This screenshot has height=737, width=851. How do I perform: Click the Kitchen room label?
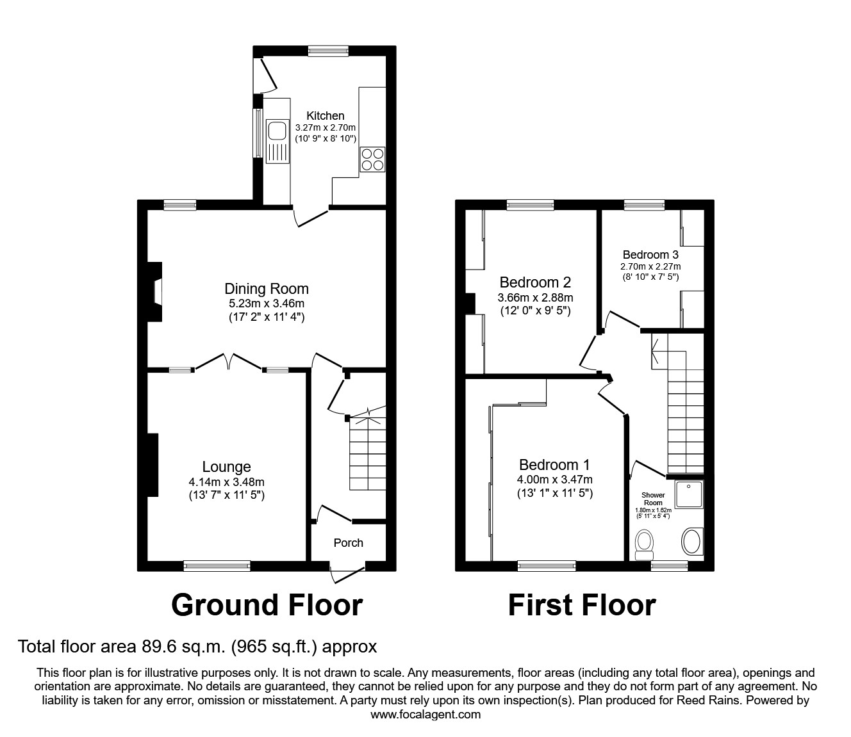325,116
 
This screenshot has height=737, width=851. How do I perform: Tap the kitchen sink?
277,131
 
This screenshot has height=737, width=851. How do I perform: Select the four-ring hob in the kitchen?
372,159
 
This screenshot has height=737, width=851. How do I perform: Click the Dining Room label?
266,289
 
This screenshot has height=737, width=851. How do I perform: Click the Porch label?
348,542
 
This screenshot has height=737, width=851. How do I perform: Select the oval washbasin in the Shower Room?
691,542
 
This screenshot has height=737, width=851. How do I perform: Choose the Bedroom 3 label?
650,255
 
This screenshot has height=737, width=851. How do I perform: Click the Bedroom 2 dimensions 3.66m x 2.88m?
535,298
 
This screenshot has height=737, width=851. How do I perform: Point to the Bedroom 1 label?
554,465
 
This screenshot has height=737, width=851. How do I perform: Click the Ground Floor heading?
267,605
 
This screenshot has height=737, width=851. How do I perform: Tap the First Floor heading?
582,605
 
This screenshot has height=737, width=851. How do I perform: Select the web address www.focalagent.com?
425,715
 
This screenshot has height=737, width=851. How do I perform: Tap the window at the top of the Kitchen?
327,51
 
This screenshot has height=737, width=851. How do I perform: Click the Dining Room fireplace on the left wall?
156,292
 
